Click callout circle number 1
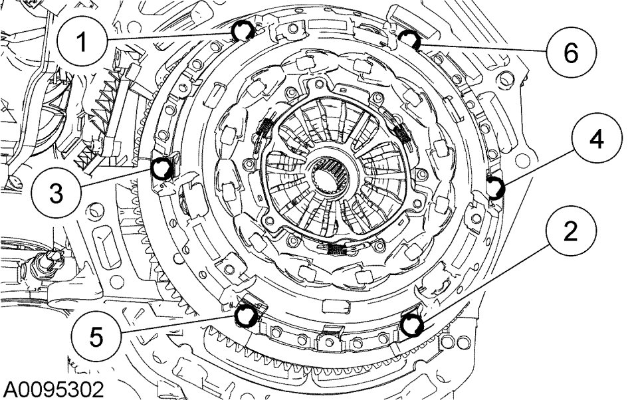(82, 42)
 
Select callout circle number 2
(570, 232)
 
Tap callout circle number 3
(56, 194)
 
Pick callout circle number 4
(597, 140)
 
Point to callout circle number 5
(96, 336)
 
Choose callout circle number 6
(570, 52)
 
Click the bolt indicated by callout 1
(243, 31)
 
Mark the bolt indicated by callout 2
(411, 325)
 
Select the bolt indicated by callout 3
(163, 169)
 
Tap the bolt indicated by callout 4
(495, 187)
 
